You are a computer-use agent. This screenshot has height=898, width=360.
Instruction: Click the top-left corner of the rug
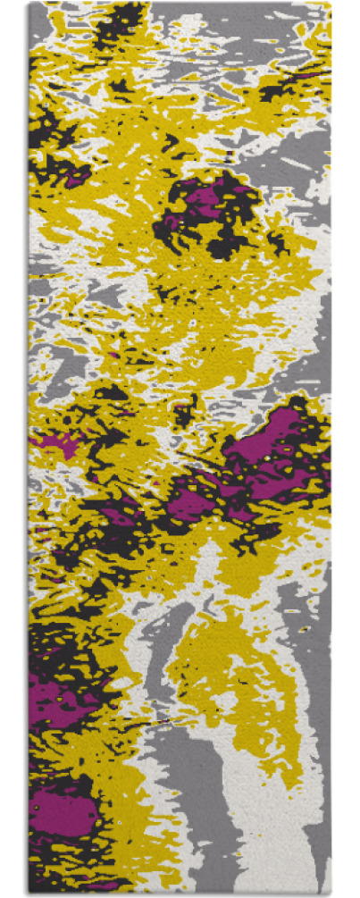tap(29, 4)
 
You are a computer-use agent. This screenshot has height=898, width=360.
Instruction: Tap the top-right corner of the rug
tap(331, 4)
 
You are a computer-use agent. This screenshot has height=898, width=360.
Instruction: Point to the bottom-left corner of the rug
tap(29, 894)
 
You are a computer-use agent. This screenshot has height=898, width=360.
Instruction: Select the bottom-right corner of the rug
tap(331, 894)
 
